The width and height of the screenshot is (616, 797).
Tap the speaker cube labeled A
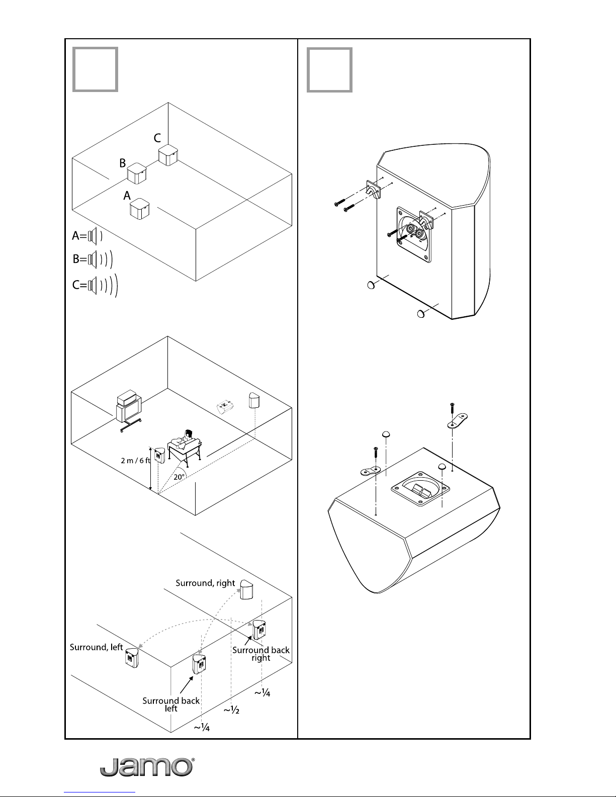point(140,209)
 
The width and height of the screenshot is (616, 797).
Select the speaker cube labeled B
point(137,173)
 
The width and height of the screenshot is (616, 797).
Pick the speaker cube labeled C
point(168,155)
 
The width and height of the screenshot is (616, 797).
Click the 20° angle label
point(179,477)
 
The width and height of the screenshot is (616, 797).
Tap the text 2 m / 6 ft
point(136,461)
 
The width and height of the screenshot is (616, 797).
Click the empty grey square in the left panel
point(96,69)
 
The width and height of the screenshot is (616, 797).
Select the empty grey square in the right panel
point(330,70)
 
